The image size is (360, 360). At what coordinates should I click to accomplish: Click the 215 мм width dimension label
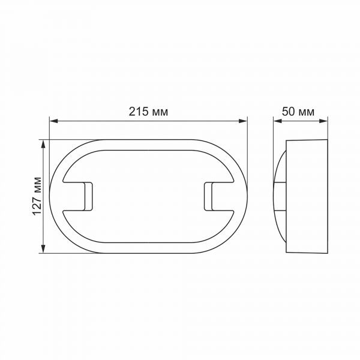click(x=148, y=112)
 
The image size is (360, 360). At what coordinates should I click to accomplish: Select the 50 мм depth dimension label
click(x=298, y=112)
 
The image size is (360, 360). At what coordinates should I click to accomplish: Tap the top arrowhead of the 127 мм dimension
click(x=43, y=144)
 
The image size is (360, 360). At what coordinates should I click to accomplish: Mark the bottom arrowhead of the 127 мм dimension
click(x=43, y=250)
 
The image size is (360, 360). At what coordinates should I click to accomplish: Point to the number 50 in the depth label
click(x=289, y=112)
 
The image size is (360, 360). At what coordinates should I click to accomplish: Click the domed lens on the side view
click(x=280, y=197)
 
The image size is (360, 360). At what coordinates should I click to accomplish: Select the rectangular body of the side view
click(x=307, y=197)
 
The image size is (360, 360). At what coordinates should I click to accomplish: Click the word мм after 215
click(x=159, y=112)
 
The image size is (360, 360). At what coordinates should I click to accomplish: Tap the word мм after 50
click(x=306, y=112)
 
